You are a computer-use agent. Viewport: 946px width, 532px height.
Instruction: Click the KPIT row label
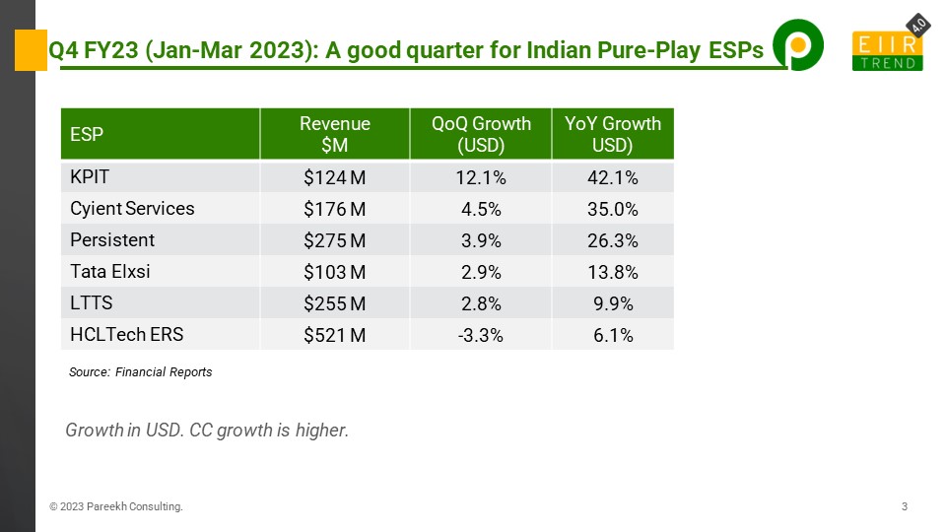[x=90, y=178]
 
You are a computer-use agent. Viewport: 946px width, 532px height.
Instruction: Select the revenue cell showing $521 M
[x=335, y=335]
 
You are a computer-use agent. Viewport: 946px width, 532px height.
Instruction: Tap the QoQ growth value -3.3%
[x=481, y=335]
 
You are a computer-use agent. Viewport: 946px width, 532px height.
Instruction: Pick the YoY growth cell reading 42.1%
[x=613, y=178]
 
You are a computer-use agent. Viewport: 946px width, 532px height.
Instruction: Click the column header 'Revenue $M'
[x=335, y=134]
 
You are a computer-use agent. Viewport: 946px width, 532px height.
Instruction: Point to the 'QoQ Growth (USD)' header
[x=481, y=134]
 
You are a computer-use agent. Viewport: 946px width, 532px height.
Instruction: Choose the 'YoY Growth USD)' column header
[x=613, y=134]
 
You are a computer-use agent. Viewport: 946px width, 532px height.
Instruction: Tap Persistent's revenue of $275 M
[x=335, y=240]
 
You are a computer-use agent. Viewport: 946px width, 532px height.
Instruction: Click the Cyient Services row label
[x=132, y=209]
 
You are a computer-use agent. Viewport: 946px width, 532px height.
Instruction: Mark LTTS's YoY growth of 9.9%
[x=613, y=303]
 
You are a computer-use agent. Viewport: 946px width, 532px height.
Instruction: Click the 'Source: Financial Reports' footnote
[x=140, y=372]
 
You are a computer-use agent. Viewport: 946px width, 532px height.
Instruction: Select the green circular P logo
[x=797, y=46]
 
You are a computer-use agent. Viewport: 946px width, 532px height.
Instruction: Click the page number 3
[x=904, y=506]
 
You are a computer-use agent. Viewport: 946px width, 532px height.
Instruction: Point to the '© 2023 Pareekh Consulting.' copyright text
[x=116, y=506]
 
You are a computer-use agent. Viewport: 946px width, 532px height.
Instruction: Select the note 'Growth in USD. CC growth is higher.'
[x=207, y=431]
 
